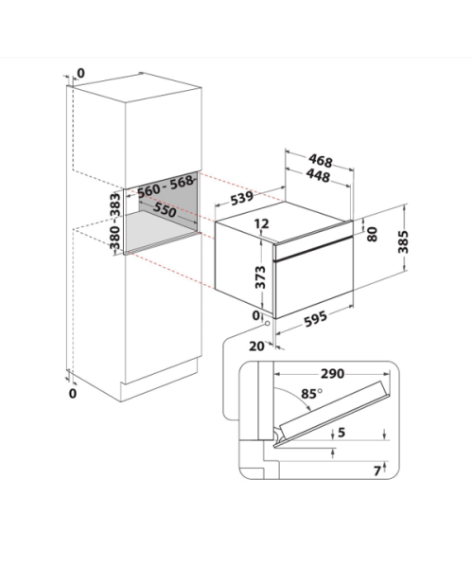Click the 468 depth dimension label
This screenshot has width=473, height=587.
point(321,161)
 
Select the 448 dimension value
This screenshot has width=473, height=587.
point(318,175)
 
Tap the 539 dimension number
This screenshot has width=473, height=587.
point(241,198)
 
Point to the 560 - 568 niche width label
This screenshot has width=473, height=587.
point(166,187)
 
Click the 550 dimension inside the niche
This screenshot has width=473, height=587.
point(165,210)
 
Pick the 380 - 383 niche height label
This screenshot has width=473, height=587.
point(114,221)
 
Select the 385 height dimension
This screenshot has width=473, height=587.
point(403,242)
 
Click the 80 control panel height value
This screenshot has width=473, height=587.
point(372,235)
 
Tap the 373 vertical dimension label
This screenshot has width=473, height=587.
point(260,277)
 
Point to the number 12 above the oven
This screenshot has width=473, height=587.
point(261,223)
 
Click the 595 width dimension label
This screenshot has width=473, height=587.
point(315,319)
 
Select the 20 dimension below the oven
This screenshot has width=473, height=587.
point(256,347)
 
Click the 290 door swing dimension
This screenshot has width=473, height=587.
point(332,373)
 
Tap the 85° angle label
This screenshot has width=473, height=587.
point(311,394)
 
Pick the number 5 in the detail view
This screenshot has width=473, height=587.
point(341,433)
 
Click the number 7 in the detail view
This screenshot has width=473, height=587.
point(377,471)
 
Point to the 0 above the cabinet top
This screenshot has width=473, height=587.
point(80,73)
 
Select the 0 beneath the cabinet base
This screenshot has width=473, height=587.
point(73,394)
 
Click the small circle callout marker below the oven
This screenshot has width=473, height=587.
point(268,324)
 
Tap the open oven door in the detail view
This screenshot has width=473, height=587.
point(332,414)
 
